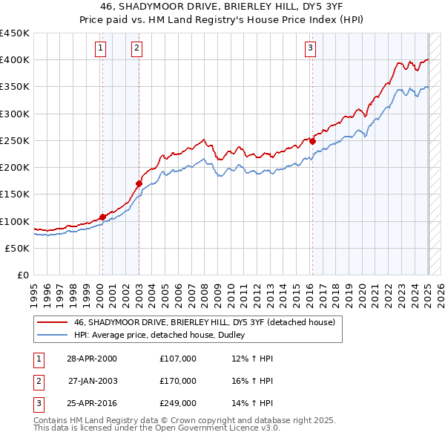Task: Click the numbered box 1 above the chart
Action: point(101,49)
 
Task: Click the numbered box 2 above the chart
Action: point(137,49)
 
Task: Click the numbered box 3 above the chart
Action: point(310,49)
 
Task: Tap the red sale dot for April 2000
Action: point(102,217)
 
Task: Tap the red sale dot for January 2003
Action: point(139,183)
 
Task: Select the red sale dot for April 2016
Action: point(312,141)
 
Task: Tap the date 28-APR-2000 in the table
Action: point(91,359)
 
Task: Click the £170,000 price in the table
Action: point(178,381)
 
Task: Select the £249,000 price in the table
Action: point(178,404)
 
